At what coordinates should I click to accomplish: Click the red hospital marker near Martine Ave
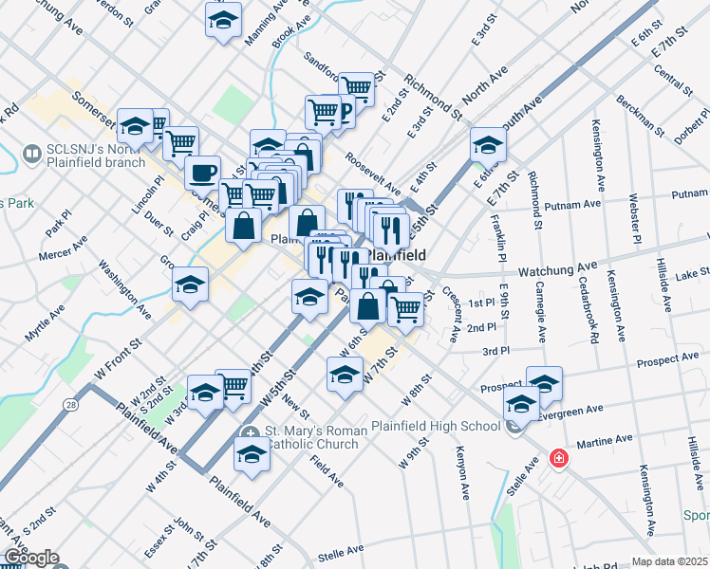559,459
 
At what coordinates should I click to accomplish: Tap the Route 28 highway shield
72,405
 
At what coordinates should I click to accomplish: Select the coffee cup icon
202,174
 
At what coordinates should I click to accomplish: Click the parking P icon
345,115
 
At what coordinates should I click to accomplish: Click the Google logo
30,558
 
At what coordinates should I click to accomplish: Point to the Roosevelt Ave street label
373,173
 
